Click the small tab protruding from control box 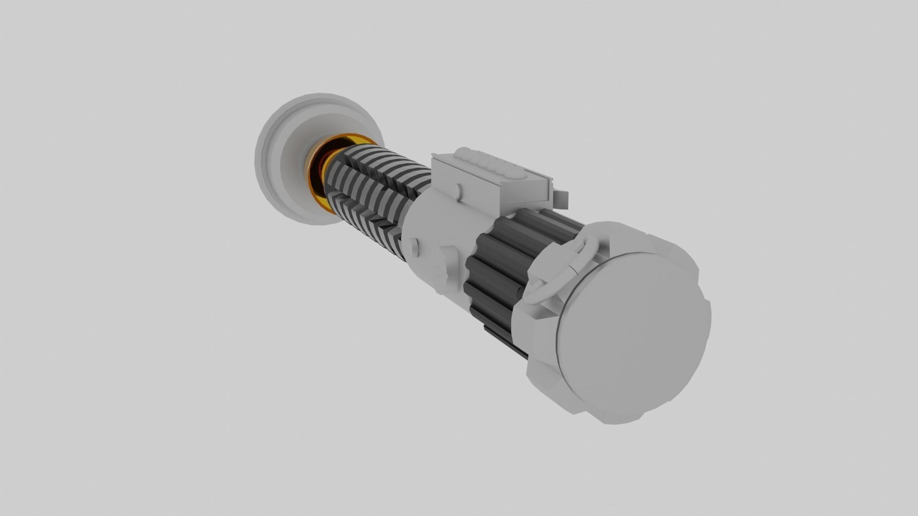[561, 199]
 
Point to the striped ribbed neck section [373, 191]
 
